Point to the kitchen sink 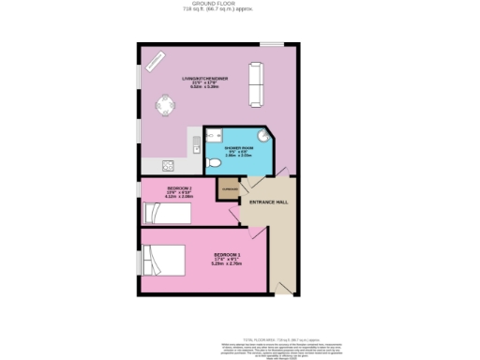pyautogui.click(x=195, y=144)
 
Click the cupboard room pyautogui.click(x=229, y=187)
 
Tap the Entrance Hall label pyautogui.click(x=268, y=202)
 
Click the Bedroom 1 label pyautogui.click(x=227, y=256)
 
